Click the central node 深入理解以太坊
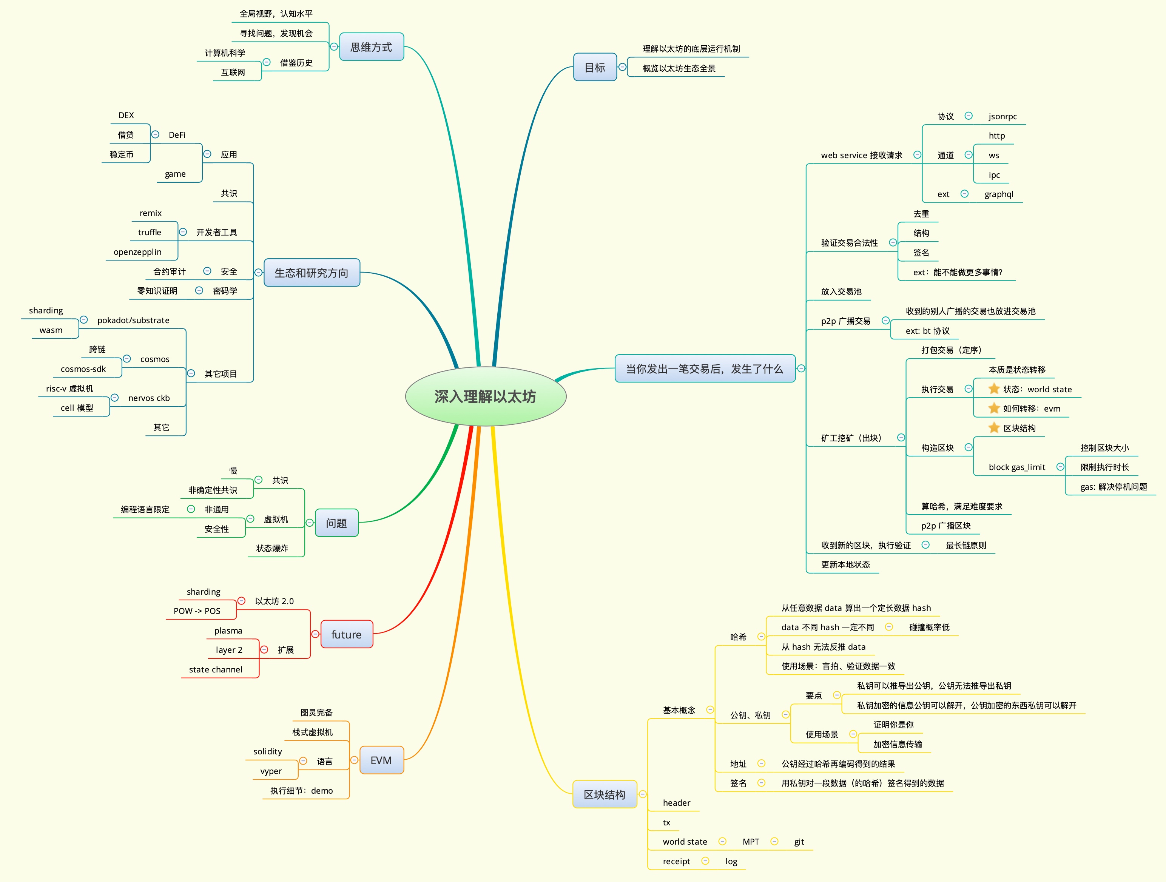click(x=485, y=396)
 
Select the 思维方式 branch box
click(x=371, y=47)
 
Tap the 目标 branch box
click(x=595, y=67)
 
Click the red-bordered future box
click(x=346, y=634)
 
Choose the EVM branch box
click(x=381, y=760)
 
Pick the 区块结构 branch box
click(x=604, y=794)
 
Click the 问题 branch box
click(x=336, y=523)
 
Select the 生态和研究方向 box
click(x=311, y=273)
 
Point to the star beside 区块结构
click(x=994, y=427)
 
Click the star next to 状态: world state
click(x=994, y=389)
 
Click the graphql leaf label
click(x=998, y=194)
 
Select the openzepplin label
click(x=137, y=252)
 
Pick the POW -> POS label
click(x=197, y=611)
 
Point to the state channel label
click(x=216, y=669)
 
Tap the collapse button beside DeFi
click(x=155, y=134)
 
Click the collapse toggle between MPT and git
click(x=774, y=841)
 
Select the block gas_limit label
click(x=1016, y=467)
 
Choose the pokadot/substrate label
click(x=133, y=320)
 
